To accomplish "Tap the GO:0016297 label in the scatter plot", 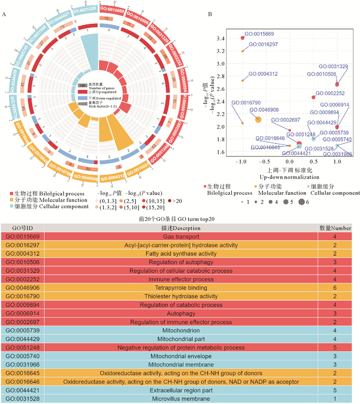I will (264, 44).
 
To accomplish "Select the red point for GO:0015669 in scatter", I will (243, 38).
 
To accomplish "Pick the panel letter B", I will (209, 14).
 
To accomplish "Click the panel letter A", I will (4, 14).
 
